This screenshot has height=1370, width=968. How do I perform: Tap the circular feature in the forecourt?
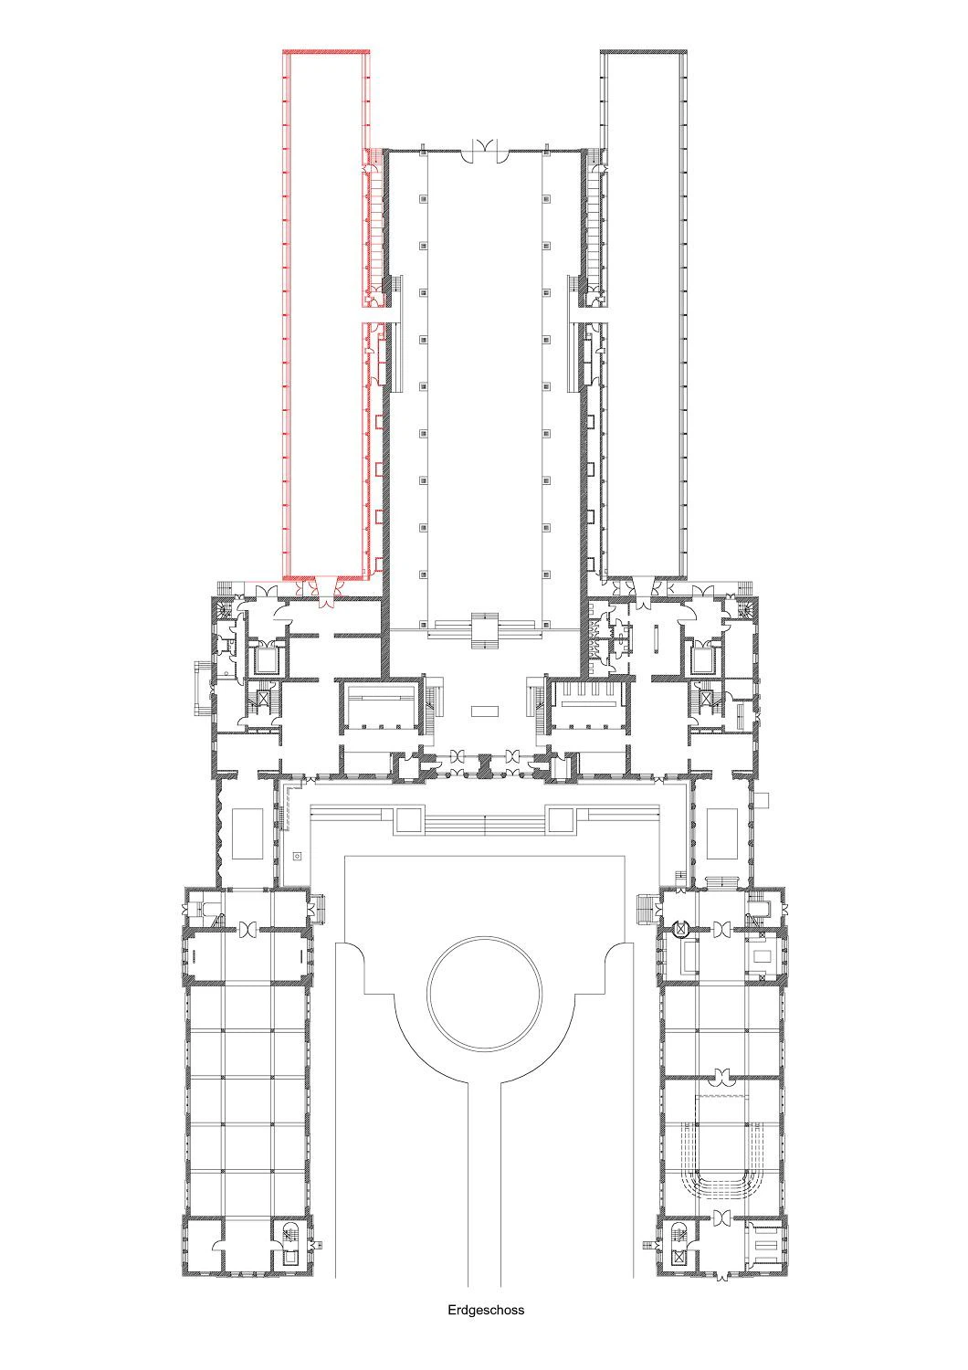pos(484,992)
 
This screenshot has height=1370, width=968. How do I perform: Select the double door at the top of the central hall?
pos(485,150)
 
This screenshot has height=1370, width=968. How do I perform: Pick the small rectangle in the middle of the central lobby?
pos(484,711)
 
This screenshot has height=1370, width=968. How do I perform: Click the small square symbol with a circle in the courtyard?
pos(297,856)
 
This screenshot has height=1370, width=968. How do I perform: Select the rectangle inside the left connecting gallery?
pos(247,834)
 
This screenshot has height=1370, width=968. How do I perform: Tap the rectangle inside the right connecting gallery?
pos(721,834)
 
